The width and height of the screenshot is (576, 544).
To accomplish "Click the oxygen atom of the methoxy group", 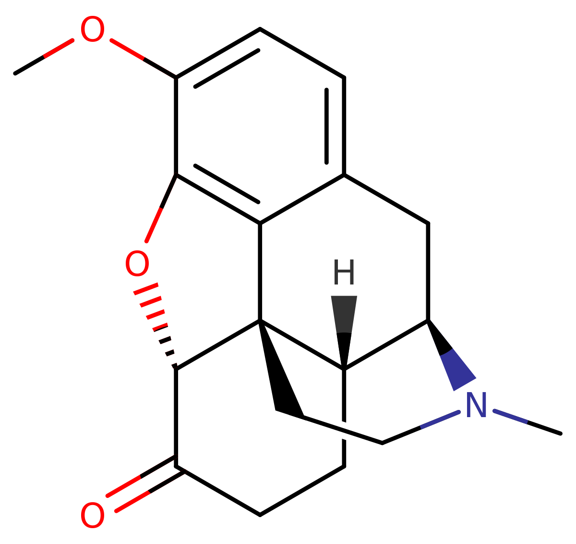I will [x=92, y=30].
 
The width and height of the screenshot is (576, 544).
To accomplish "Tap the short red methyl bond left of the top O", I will [x=59, y=49].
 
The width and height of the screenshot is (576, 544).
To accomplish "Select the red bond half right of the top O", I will [x=127, y=49].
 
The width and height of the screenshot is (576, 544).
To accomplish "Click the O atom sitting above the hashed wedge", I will [x=137, y=264].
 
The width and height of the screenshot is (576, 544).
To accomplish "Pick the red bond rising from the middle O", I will [x=154, y=225].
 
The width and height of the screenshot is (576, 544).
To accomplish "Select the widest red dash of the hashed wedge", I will [x=146, y=289].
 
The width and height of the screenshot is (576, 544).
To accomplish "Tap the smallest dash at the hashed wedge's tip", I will [x=174, y=366].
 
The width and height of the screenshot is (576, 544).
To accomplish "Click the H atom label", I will [x=344, y=272].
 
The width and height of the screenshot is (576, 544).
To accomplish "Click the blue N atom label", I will [x=476, y=405].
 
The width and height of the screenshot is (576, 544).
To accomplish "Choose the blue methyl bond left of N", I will [x=440, y=420].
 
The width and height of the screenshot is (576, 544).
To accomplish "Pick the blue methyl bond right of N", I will [x=510, y=417].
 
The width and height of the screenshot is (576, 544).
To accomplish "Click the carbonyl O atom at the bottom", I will [x=92, y=516].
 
